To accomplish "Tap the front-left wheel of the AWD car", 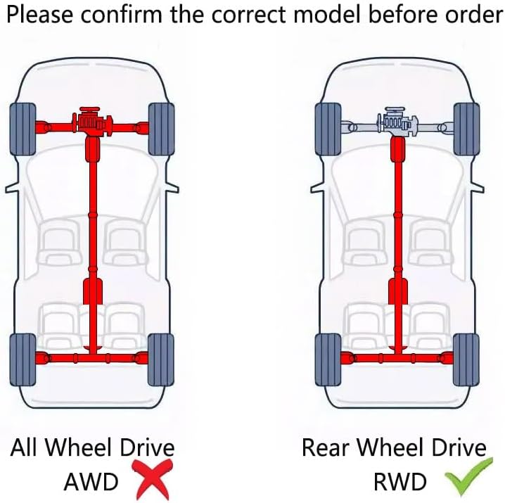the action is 23,129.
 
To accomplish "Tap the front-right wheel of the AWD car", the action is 161,129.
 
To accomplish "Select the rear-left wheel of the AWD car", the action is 23,360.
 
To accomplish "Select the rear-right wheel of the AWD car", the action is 161,360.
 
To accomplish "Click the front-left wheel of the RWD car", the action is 328,129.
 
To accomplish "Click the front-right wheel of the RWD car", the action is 466,129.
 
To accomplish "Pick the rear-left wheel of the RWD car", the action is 328,360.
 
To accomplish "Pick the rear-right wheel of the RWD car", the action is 466,360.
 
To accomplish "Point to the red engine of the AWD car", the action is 93,122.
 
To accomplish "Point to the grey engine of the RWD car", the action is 398,122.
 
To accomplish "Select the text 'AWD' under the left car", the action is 91,482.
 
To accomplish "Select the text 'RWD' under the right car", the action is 399,482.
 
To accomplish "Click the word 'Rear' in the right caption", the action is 325,447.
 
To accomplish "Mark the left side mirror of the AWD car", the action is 11,188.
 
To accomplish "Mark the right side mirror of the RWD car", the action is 478,187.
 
